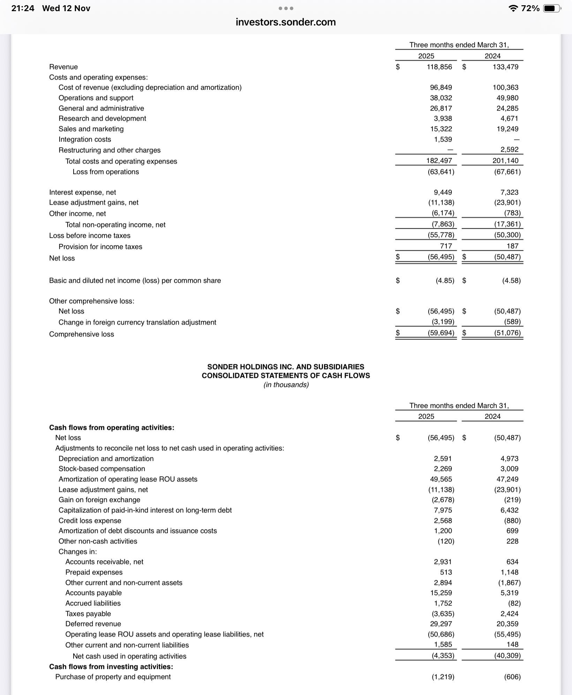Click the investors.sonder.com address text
click(286, 22)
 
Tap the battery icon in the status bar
click(551, 8)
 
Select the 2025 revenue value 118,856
click(439, 67)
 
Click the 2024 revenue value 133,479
click(505, 67)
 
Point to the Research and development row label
click(102, 119)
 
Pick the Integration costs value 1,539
click(443, 139)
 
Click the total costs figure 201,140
click(505, 161)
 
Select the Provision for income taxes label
click(100, 247)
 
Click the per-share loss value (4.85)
click(445, 281)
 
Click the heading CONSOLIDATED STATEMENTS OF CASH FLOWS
click(286, 375)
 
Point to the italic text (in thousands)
click(286, 385)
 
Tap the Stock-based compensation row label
click(101, 469)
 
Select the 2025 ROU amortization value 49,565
click(441, 479)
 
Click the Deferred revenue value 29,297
click(441, 624)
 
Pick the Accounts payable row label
click(93, 593)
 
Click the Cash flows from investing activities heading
click(111, 666)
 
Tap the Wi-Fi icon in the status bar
click(513, 8)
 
